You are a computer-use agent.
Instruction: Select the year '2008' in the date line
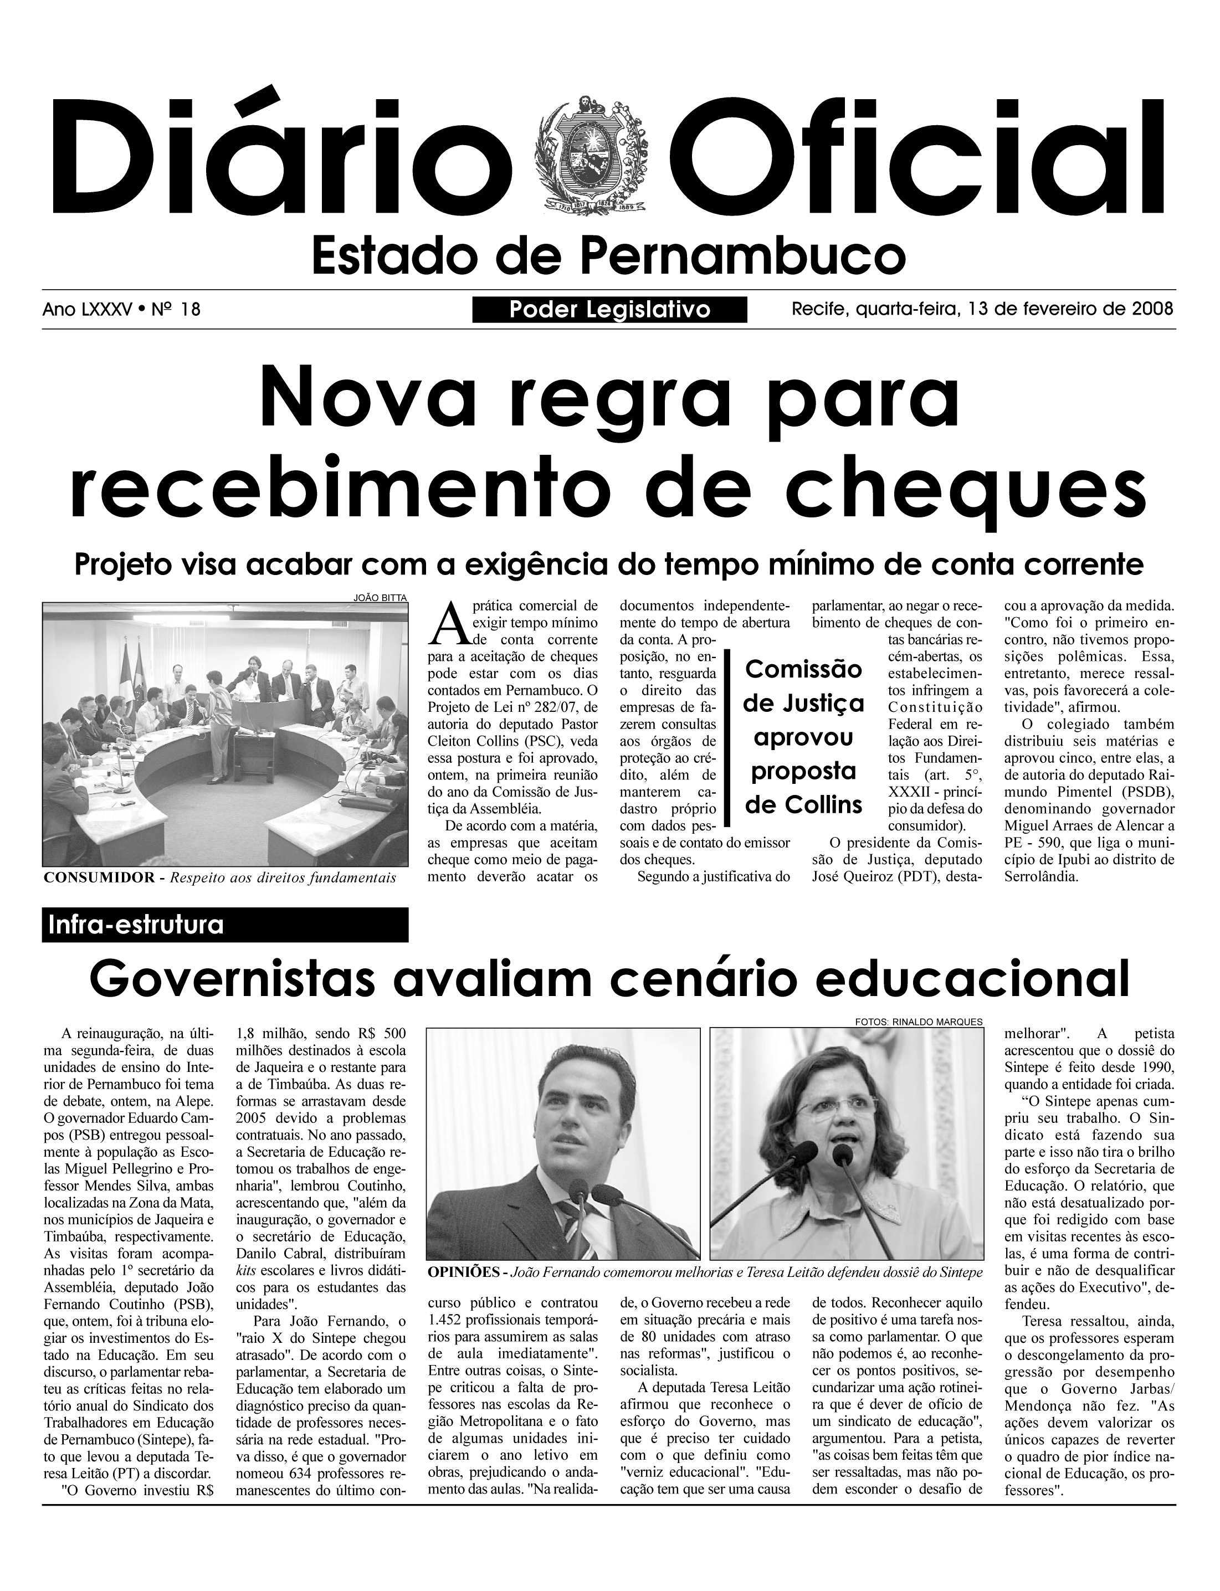pyautogui.click(x=1152, y=309)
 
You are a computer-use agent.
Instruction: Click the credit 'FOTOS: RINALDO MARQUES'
pyautogui.click(x=919, y=1022)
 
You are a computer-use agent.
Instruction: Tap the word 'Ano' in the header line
pyautogui.click(x=58, y=310)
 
